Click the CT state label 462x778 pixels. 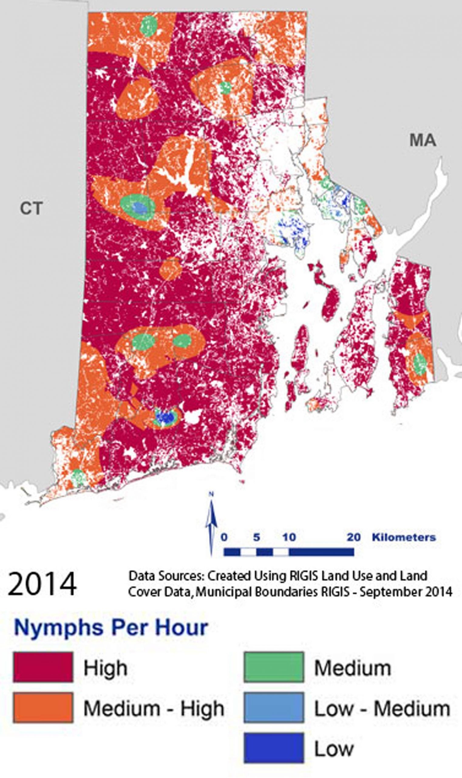click(x=31, y=208)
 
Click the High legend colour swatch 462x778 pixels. click(x=43, y=667)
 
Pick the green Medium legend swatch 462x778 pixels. click(x=274, y=667)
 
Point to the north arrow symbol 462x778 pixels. click(x=211, y=524)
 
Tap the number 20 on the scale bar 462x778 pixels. click(x=354, y=537)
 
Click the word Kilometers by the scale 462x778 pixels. click(x=404, y=537)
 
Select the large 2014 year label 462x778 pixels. click(x=42, y=584)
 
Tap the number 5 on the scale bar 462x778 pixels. click(x=256, y=537)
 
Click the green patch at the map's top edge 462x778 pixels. click(x=148, y=26)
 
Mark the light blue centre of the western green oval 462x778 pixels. click(x=139, y=207)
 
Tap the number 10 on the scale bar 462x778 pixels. click(x=289, y=537)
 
